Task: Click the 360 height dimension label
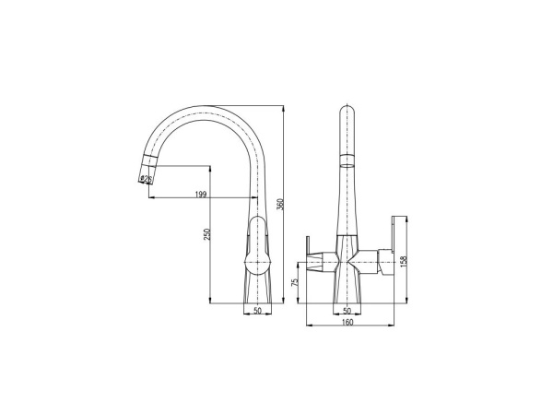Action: (x=280, y=205)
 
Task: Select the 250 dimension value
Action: (x=207, y=234)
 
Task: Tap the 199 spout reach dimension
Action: (x=200, y=194)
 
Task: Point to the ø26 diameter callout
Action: (x=146, y=180)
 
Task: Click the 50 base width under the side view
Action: (x=258, y=311)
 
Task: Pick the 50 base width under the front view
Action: (x=347, y=311)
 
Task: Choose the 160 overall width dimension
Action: (x=347, y=322)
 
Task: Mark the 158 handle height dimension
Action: (x=404, y=260)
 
